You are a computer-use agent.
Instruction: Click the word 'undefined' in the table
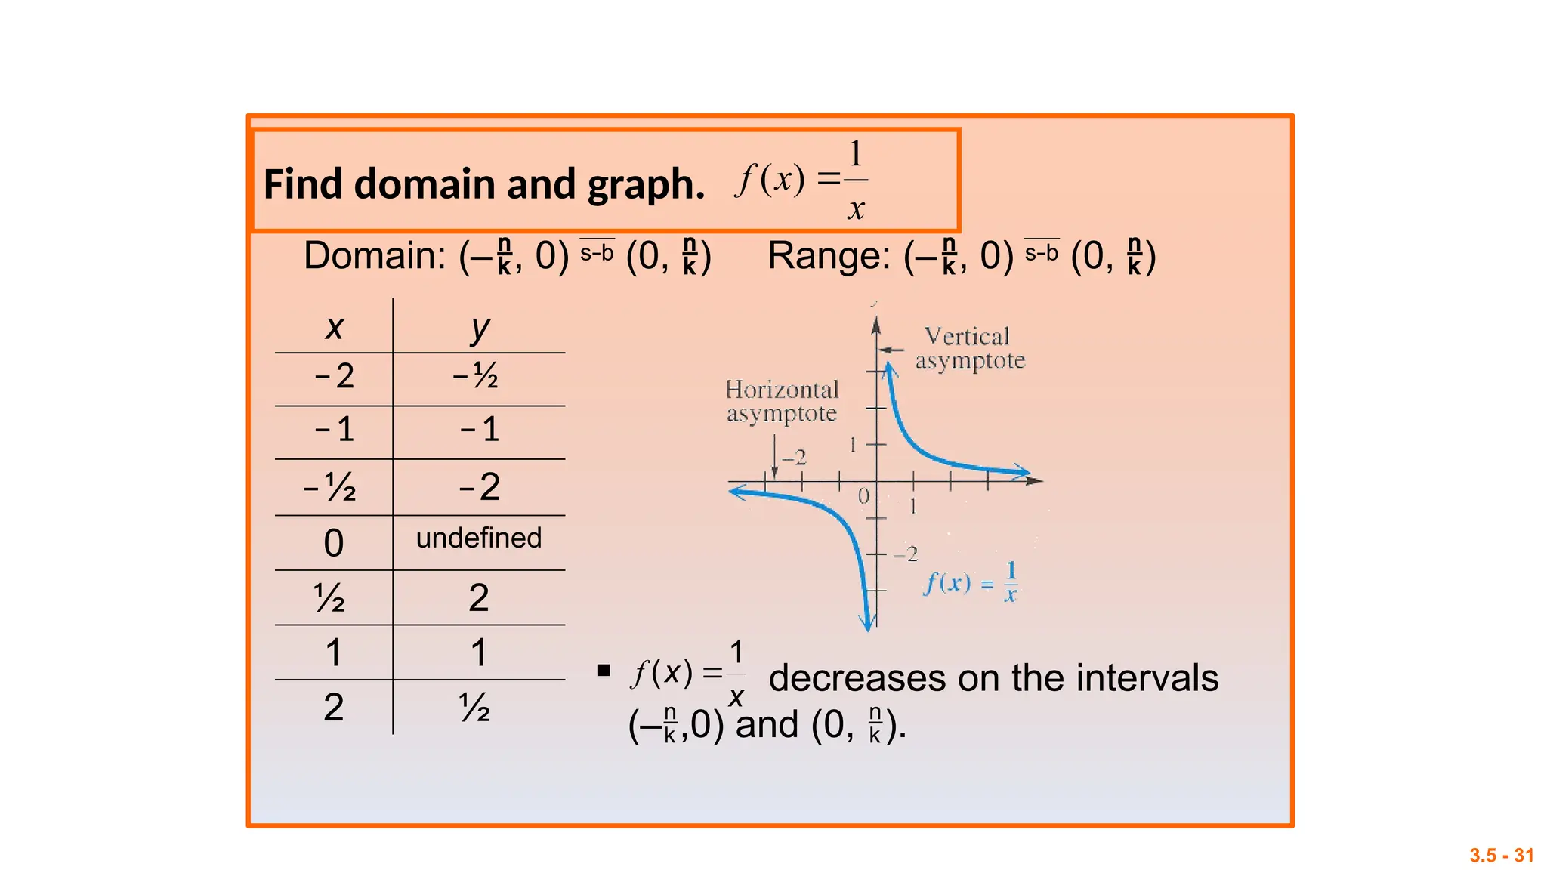point(479,538)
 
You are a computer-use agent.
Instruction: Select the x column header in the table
point(334,328)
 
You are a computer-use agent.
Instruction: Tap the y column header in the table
point(480,329)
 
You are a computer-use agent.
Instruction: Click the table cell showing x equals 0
point(333,543)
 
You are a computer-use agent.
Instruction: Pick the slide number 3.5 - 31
point(1501,856)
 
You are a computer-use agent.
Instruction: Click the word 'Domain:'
point(375,256)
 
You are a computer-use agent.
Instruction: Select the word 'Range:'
point(829,256)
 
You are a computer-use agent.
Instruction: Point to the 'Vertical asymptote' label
point(969,348)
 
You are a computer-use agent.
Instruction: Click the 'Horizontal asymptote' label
point(782,401)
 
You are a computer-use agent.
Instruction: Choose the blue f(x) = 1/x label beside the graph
point(971,582)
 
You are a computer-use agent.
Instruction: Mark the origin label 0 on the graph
point(863,496)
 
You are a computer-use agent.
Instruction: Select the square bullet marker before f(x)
point(604,670)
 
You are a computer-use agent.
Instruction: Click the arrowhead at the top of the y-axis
point(876,325)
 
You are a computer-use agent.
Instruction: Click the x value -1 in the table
point(334,430)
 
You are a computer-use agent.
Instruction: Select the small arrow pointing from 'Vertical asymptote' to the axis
point(891,350)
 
